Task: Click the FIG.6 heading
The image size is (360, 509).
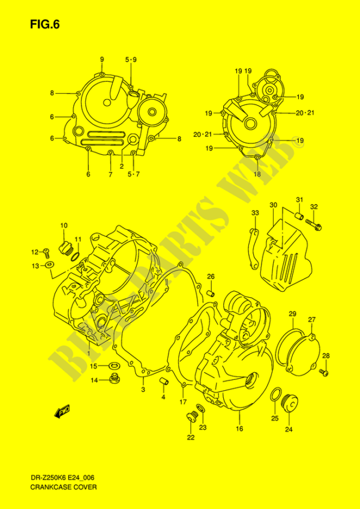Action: pyautogui.click(x=45, y=25)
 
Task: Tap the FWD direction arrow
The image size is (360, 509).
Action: pyautogui.click(x=62, y=411)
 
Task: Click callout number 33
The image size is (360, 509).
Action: pyautogui.click(x=256, y=213)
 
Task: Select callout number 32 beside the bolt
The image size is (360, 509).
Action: pyautogui.click(x=314, y=206)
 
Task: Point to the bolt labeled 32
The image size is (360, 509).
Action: pyautogui.click(x=313, y=224)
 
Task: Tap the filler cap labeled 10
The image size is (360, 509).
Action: pyautogui.click(x=64, y=248)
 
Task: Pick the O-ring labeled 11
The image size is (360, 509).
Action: pyautogui.click(x=75, y=256)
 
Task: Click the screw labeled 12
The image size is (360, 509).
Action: pyautogui.click(x=46, y=251)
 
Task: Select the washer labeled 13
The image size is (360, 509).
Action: pyautogui.click(x=50, y=265)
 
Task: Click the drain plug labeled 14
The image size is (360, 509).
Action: pyautogui.click(x=113, y=378)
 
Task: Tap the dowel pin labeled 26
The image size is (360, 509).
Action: pyautogui.click(x=211, y=293)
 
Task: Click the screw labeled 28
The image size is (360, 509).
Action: pyautogui.click(x=324, y=373)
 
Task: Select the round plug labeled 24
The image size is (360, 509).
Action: pyautogui.click(x=289, y=403)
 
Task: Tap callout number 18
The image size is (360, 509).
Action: pyautogui.click(x=257, y=174)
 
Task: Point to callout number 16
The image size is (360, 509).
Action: pyautogui.click(x=239, y=429)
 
